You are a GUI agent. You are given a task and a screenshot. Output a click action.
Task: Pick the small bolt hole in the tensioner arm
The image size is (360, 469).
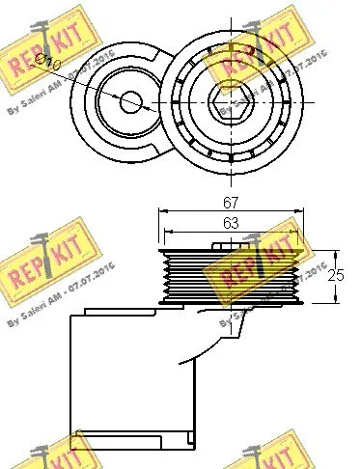coord(131,98)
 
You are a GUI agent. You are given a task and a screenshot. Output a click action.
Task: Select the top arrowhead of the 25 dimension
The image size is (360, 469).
coord(333,250)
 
